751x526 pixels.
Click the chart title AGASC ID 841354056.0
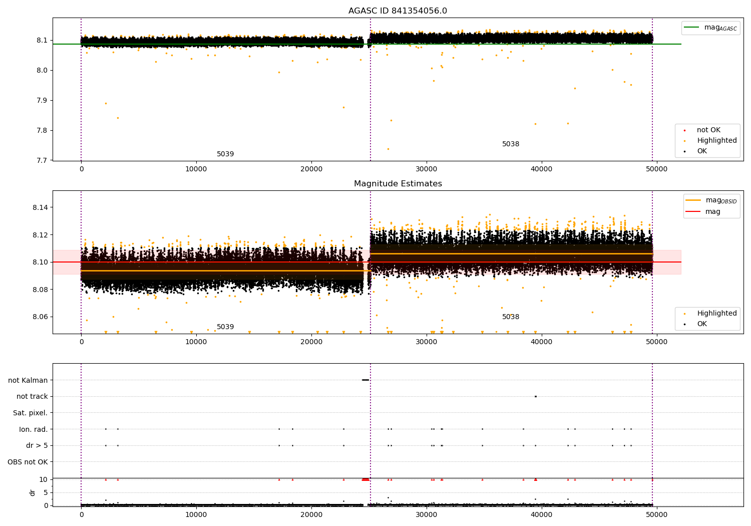click(x=398, y=11)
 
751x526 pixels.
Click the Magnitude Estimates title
click(x=398, y=184)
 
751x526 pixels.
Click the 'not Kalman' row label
click(x=28, y=380)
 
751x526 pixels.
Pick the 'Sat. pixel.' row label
click(x=30, y=413)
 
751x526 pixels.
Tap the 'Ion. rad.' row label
click(x=33, y=429)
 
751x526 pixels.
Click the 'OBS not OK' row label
click(x=28, y=462)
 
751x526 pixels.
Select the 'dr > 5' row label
click(x=37, y=445)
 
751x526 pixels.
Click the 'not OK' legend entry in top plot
click(x=708, y=130)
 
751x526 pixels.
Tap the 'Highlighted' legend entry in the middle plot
click(x=716, y=314)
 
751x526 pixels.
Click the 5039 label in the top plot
click(x=225, y=154)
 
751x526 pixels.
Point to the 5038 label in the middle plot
click(x=511, y=317)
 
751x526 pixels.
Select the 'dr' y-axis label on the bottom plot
click(x=33, y=492)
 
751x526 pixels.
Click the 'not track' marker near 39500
click(x=535, y=396)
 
